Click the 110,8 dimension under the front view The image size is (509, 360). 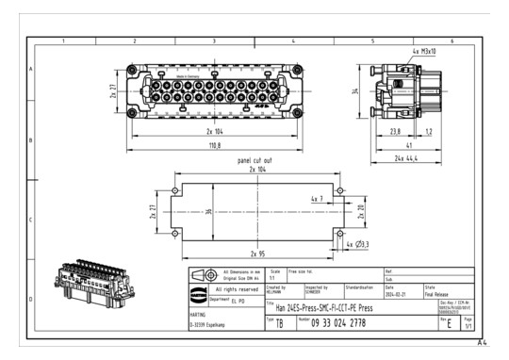[x=216, y=146]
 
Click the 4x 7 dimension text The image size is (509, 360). [x=316, y=200]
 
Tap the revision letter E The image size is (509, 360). [x=451, y=324]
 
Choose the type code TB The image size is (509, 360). [x=279, y=324]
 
